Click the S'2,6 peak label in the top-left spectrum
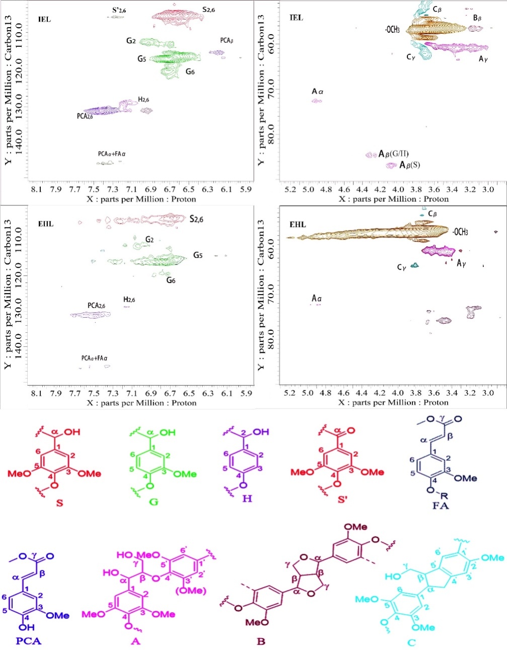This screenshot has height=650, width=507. pyautogui.click(x=119, y=10)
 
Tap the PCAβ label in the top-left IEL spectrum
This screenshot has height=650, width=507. pyautogui.click(x=227, y=40)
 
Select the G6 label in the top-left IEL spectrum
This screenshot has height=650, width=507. pyautogui.click(x=190, y=71)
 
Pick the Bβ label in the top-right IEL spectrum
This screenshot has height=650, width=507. pyautogui.click(x=477, y=18)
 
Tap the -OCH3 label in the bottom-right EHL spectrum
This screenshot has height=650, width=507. pyautogui.click(x=460, y=232)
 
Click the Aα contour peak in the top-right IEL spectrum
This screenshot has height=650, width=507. pyautogui.click(x=316, y=101)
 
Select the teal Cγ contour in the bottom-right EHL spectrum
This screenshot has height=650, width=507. pyautogui.click(x=415, y=265)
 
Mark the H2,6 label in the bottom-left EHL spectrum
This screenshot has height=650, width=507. pyautogui.click(x=129, y=300)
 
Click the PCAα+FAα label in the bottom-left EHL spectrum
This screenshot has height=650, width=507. pyautogui.click(x=95, y=358)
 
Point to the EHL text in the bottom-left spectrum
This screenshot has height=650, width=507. pyautogui.click(x=46, y=224)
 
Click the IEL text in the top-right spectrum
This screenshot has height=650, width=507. pyautogui.click(x=297, y=18)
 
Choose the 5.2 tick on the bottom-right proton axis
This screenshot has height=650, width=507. pyautogui.click(x=289, y=393)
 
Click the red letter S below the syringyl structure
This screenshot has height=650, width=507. pyautogui.click(x=60, y=502)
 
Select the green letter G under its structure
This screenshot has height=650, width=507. pyautogui.click(x=154, y=502)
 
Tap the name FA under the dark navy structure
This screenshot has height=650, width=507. pyautogui.click(x=441, y=505)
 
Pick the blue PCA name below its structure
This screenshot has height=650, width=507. pyautogui.click(x=28, y=641)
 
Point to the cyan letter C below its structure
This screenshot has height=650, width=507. pyautogui.click(x=412, y=642)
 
